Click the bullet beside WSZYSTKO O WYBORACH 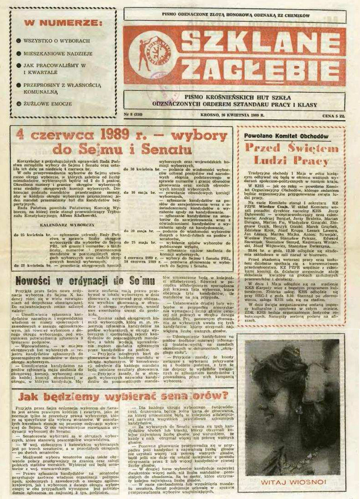click(x=18, y=41)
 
